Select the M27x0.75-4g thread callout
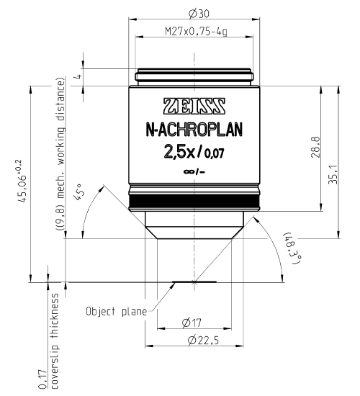coord(193,32)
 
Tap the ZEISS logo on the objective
coord(194,104)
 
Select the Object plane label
coord(116,312)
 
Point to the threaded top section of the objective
coord(193,76)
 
